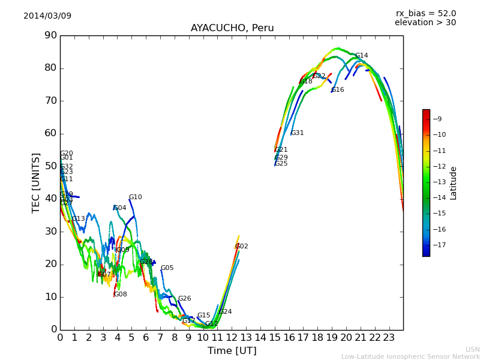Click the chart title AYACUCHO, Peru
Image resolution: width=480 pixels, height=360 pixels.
tap(232, 28)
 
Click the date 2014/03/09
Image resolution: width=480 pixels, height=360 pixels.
tap(47, 16)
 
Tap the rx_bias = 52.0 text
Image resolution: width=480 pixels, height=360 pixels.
tap(425, 13)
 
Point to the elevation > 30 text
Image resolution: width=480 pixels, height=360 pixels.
tap(425, 23)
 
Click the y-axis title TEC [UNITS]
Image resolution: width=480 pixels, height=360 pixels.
tap(36, 182)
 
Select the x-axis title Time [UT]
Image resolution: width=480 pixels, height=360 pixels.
tap(232, 350)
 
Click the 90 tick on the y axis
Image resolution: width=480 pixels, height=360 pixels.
tap(50, 35)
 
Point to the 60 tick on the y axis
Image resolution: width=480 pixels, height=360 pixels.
tap(50, 133)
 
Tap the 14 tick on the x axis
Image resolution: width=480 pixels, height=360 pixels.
tap(260, 338)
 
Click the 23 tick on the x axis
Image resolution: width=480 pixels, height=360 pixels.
tap(389, 338)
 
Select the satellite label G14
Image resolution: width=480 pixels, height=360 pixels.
tap(361, 56)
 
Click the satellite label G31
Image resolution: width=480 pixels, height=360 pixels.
tap(297, 133)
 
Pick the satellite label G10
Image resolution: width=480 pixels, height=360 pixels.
tap(135, 197)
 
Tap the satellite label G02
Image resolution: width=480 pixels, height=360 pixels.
tap(241, 247)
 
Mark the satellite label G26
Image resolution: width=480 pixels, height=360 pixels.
tap(184, 299)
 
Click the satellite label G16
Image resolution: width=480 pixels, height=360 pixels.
tap(338, 90)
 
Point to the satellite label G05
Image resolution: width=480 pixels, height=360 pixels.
tap(167, 268)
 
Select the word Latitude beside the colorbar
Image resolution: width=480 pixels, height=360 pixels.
tap(454, 183)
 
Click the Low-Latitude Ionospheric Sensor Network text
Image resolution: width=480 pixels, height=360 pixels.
tap(410, 356)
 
